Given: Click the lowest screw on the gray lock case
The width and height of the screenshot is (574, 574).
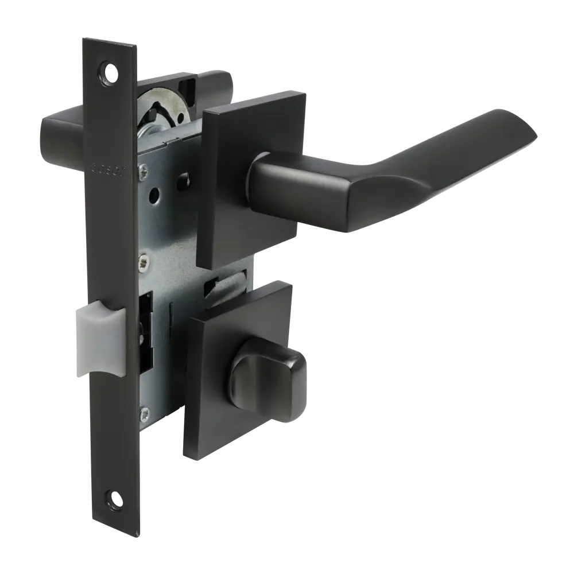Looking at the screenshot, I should click(x=147, y=411).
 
